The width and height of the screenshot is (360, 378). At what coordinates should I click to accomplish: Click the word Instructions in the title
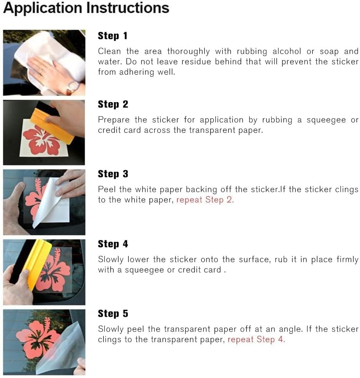[128, 8]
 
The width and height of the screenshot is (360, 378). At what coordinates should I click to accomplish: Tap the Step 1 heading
[112, 36]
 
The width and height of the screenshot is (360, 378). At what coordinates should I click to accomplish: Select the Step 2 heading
[113, 104]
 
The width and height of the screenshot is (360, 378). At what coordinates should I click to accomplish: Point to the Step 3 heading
[113, 174]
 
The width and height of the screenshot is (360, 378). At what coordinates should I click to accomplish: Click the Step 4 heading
[113, 244]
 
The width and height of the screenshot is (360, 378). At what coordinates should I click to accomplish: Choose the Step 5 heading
[113, 314]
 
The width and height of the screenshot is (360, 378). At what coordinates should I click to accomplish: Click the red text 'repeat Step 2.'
[205, 200]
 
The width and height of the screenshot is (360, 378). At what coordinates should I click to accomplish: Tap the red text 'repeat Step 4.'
[256, 339]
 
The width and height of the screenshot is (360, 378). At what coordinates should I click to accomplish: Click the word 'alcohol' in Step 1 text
[287, 51]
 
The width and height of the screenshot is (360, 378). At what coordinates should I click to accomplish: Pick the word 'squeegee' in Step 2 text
[326, 120]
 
